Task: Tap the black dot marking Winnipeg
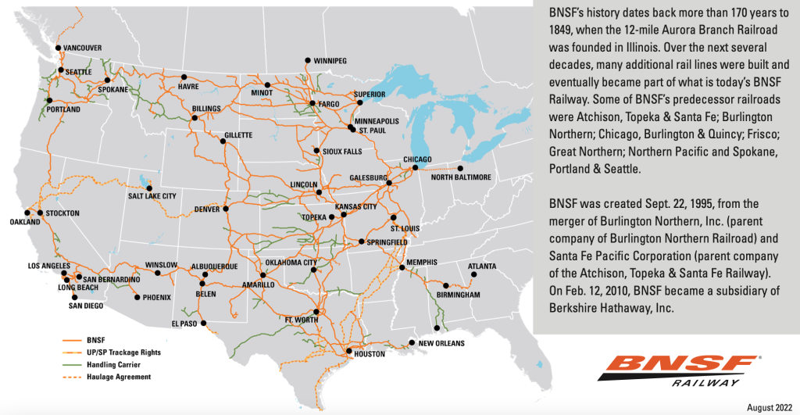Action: point(309,60)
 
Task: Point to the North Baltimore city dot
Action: point(460,168)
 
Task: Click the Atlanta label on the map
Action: point(482,266)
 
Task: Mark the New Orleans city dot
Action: point(412,342)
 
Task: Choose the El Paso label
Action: point(185,323)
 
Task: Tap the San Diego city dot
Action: point(74,297)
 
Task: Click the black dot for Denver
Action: point(225,209)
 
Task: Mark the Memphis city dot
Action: point(402,269)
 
